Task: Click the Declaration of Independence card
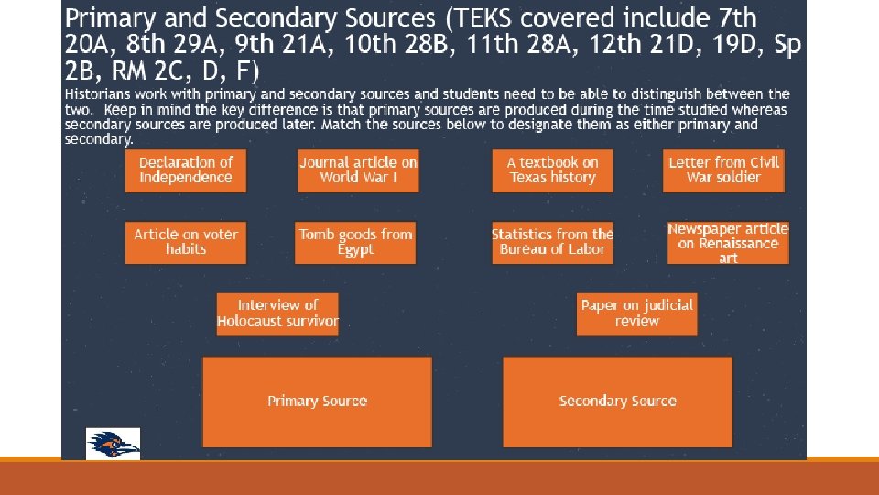[x=186, y=170]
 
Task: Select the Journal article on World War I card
[x=358, y=170]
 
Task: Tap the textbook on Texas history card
[x=552, y=170]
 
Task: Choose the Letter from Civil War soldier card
[x=723, y=170]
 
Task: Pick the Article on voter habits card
[x=186, y=242]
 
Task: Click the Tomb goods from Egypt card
[x=355, y=242]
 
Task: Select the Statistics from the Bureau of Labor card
[x=552, y=242]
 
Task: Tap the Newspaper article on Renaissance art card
[x=728, y=243]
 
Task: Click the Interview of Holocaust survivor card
[x=277, y=313]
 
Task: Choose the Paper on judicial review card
[x=637, y=313]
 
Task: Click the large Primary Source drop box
[x=317, y=401]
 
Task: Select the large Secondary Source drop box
[x=618, y=401]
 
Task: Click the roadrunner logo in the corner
[x=113, y=444]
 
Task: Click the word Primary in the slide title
[x=107, y=18]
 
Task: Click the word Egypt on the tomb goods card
[x=355, y=250]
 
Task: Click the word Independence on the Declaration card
[x=186, y=178]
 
